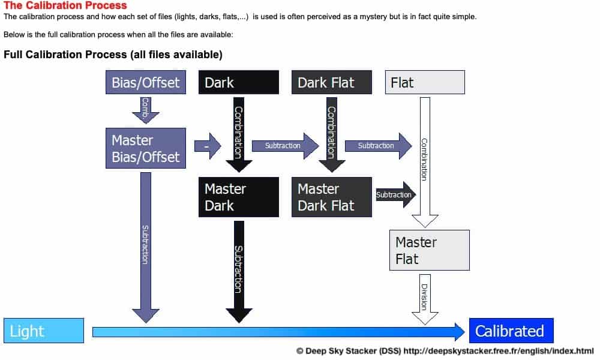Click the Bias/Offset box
(x=145, y=82)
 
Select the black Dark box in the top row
(x=239, y=82)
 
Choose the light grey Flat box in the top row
(x=425, y=82)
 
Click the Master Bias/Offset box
(x=145, y=148)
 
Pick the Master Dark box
(x=239, y=197)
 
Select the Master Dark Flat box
(x=332, y=197)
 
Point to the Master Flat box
(x=429, y=250)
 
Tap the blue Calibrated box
(x=511, y=331)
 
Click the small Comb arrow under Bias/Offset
(x=145, y=109)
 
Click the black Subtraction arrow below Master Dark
(x=239, y=270)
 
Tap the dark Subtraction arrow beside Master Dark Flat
(x=394, y=194)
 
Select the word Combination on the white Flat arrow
(x=424, y=159)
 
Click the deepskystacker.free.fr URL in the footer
(x=499, y=351)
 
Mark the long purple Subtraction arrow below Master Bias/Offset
(x=145, y=246)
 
